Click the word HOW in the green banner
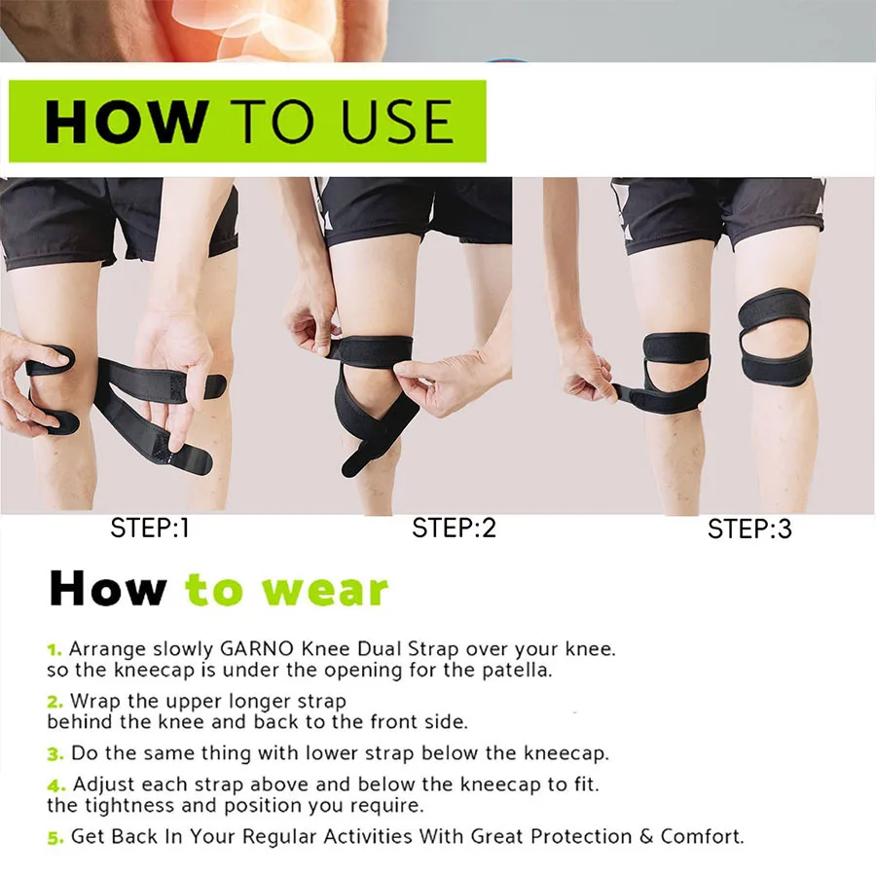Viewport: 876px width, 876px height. click(126, 122)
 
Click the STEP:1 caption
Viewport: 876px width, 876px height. click(150, 529)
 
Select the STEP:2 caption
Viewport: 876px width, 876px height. click(454, 529)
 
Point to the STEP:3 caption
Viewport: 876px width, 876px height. click(749, 529)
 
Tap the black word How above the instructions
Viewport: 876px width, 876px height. click(108, 589)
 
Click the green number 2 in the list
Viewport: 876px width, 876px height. click(54, 701)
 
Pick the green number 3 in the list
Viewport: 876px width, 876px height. click(55, 753)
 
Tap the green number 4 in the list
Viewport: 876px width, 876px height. click(55, 785)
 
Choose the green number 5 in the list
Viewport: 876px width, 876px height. click(55, 836)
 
